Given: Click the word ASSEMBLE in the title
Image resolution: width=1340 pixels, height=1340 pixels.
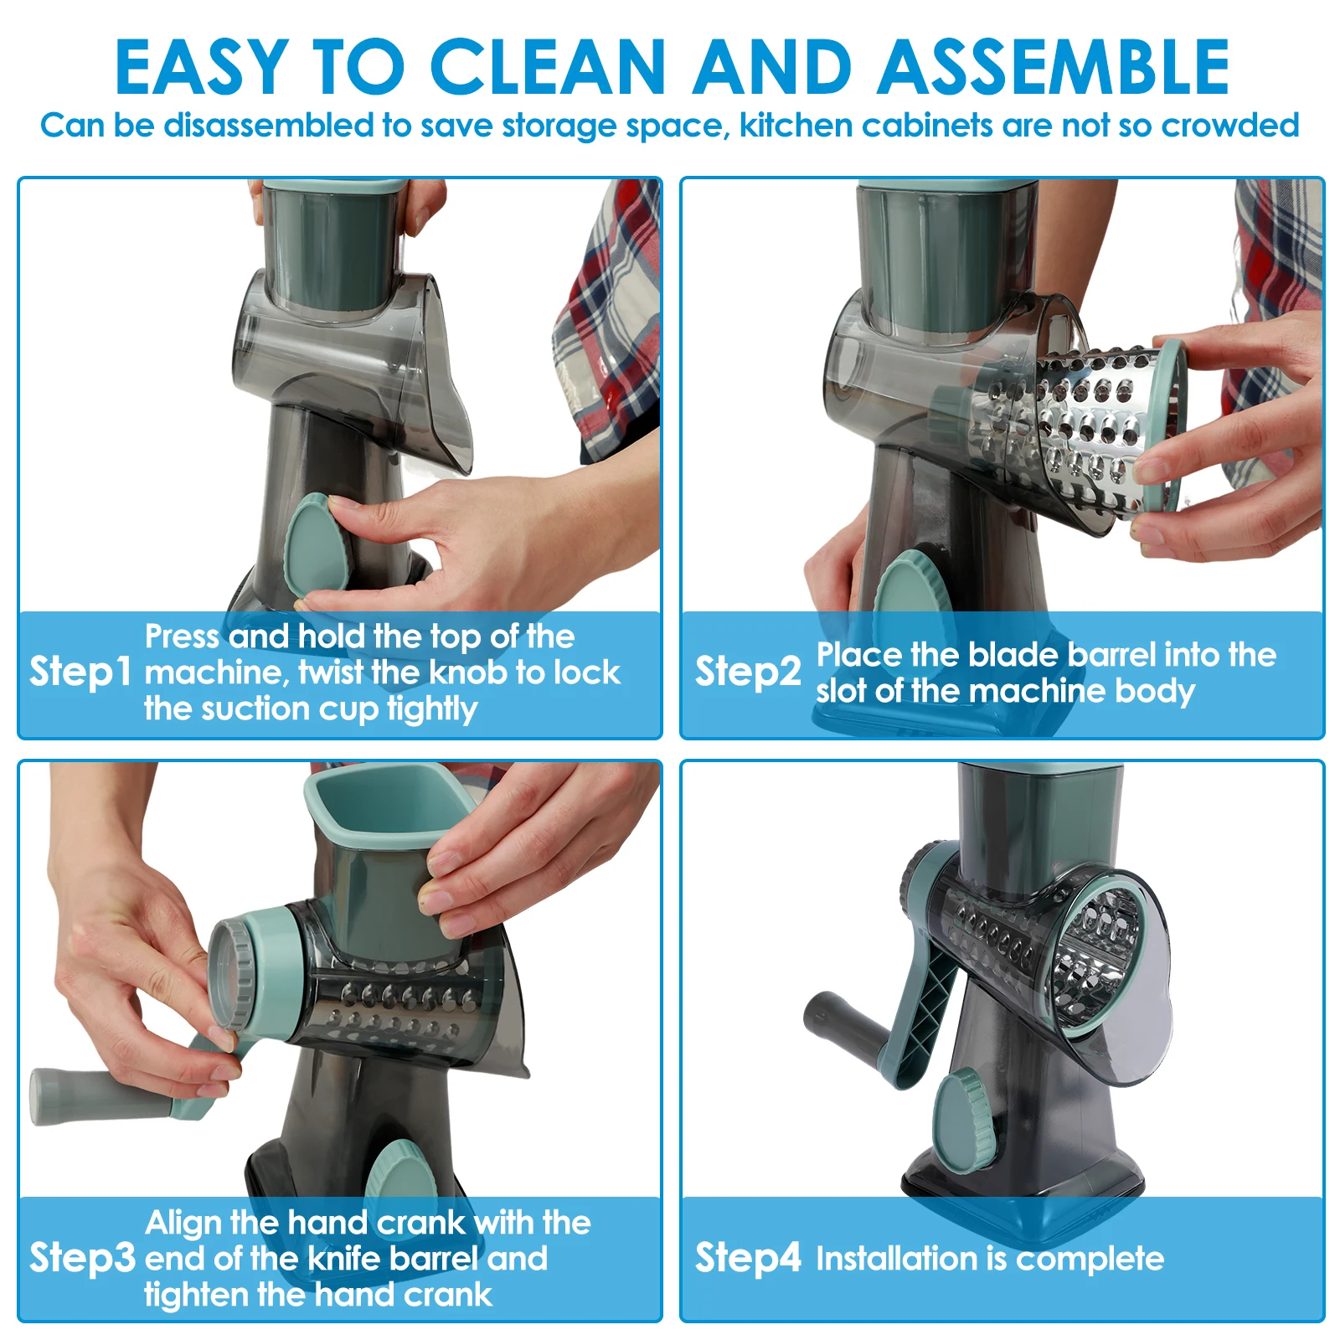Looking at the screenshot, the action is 1053,67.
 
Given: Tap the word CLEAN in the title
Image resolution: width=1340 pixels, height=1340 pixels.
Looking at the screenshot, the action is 548,67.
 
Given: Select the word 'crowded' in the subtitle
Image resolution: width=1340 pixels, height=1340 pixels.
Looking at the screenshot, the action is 1230,126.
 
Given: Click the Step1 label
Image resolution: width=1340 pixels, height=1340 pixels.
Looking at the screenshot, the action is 80,672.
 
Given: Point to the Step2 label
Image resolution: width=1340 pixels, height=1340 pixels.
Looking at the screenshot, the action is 748,672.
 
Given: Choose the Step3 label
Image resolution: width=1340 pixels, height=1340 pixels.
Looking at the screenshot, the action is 82,1258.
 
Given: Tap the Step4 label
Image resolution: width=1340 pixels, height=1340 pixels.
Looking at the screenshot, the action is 748,1258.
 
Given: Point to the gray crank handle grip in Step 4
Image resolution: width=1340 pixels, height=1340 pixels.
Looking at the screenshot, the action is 846,1026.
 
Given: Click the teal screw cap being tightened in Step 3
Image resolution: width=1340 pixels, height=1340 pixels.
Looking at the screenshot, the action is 251,971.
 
